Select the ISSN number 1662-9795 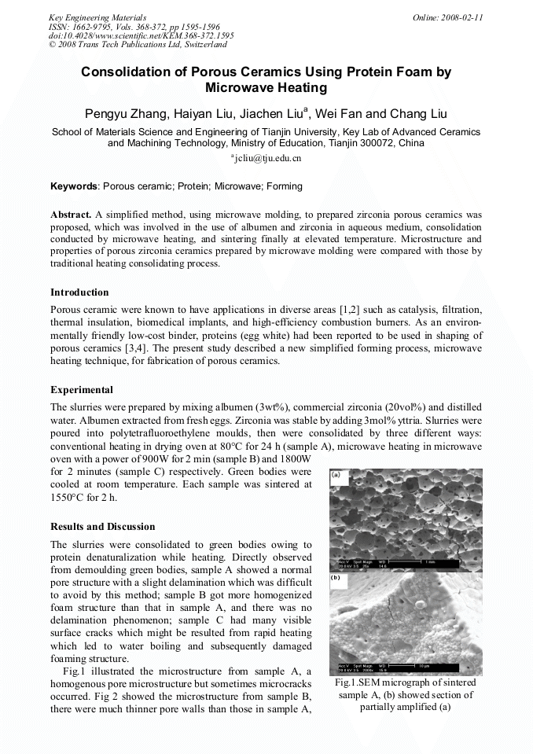coord(90,26)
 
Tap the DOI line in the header coord(141,35)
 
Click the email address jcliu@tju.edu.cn coord(267,158)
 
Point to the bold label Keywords coord(74,186)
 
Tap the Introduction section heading coord(79,292)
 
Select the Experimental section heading coord(82,390)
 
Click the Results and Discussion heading coord(102,527)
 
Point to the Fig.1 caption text coord(405,694)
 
